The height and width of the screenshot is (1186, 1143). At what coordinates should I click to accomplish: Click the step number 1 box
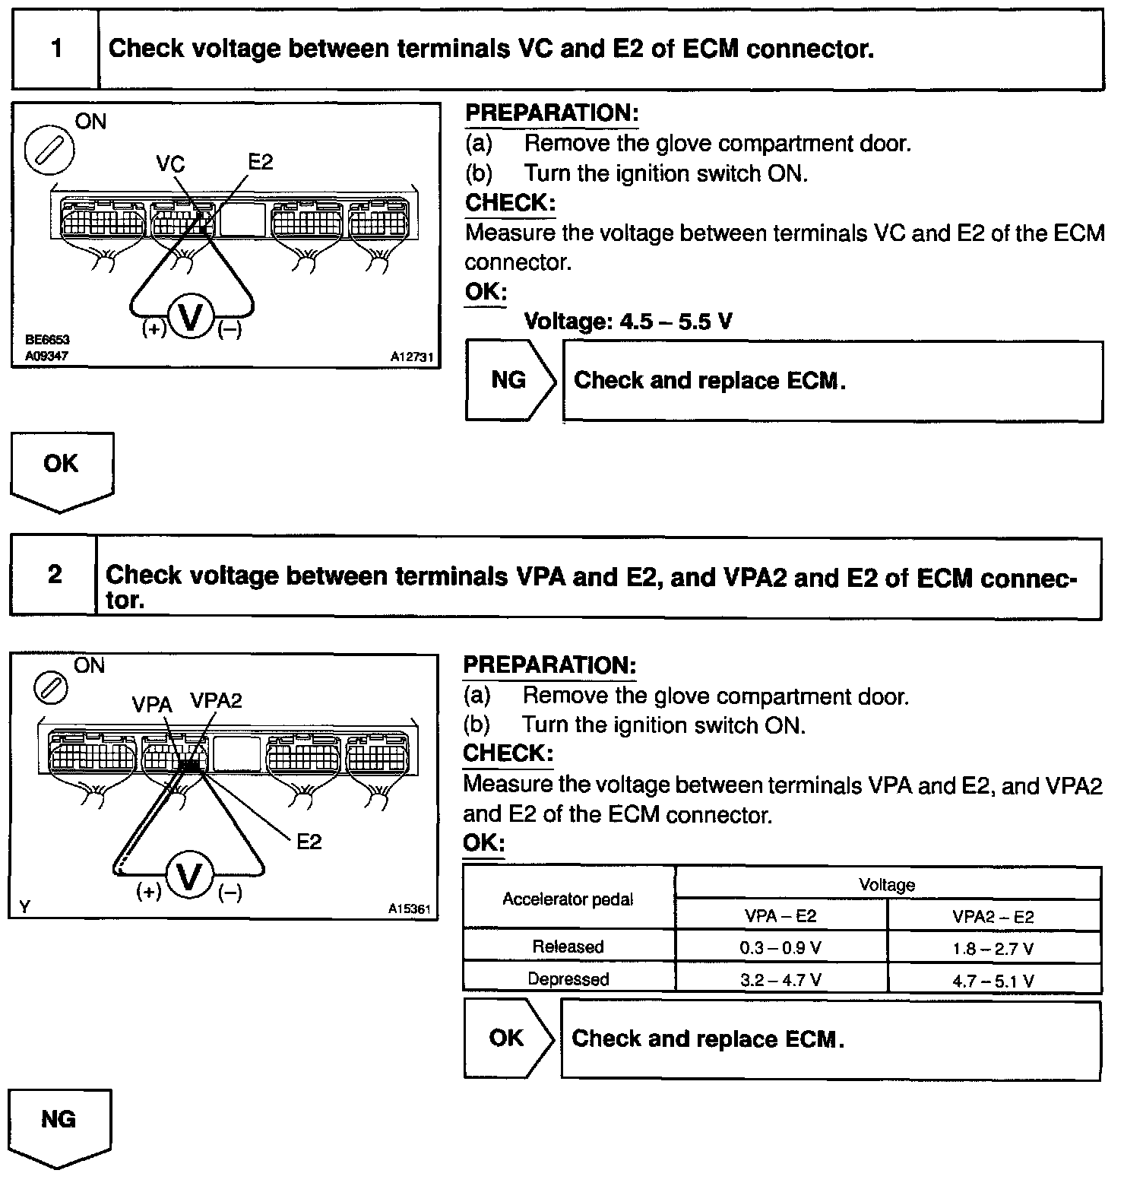pos(56,49)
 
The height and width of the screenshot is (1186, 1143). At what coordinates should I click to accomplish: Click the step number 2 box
pos(54,575)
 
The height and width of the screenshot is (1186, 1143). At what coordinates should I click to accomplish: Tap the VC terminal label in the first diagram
pos(170,164)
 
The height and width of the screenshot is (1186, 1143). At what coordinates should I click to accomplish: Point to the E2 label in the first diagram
pos(260,162)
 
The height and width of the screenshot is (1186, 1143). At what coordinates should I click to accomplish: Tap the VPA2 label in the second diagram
pos(216,700)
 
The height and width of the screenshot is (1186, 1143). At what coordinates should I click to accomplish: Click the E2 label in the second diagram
pos(309,842)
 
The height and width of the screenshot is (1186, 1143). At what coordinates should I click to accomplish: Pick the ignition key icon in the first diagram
pos(49,148)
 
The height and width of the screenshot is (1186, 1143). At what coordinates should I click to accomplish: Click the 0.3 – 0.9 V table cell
pos(780,948)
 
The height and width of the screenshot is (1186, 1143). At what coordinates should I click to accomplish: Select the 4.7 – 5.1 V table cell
pos(993,981)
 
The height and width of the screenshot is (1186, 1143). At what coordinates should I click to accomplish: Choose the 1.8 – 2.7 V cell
pos(993,948)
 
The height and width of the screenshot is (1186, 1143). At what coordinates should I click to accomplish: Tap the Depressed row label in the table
pos(568,979)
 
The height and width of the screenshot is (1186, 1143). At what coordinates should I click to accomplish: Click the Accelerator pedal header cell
pos(568,899)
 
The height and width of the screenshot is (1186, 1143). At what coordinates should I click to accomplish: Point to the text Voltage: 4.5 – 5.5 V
pos(628,322)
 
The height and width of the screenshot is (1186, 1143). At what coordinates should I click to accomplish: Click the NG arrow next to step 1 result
pos(509,380)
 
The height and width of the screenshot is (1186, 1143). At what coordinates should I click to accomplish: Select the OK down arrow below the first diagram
pos(61,468)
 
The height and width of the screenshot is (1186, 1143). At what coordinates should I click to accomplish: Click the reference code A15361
pos(409,909)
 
